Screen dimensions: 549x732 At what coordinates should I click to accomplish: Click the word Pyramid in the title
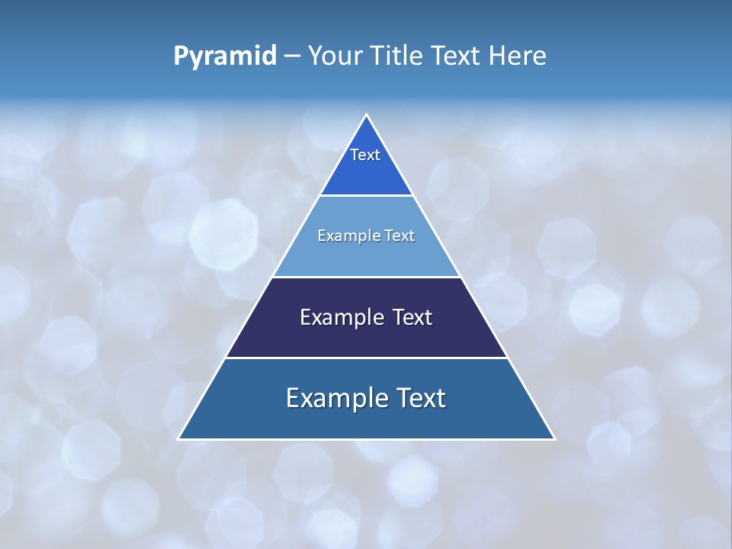[225, 56]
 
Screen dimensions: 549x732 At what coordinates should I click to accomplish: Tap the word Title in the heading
[402, 56]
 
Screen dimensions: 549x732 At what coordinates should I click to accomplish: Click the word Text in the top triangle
[365, 155]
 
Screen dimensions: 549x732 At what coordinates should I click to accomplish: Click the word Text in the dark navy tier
[413, 317]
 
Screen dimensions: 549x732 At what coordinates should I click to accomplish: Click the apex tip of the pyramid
[367, 115]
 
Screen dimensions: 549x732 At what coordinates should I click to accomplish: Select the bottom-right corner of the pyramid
[554, 438]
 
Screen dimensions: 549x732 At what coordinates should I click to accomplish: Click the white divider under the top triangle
[367, 196]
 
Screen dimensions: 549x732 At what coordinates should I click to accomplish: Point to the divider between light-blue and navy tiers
[367, 277]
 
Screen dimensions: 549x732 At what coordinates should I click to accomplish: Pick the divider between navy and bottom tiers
[367, 358]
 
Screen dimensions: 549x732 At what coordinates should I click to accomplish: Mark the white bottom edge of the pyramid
[367, 439]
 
